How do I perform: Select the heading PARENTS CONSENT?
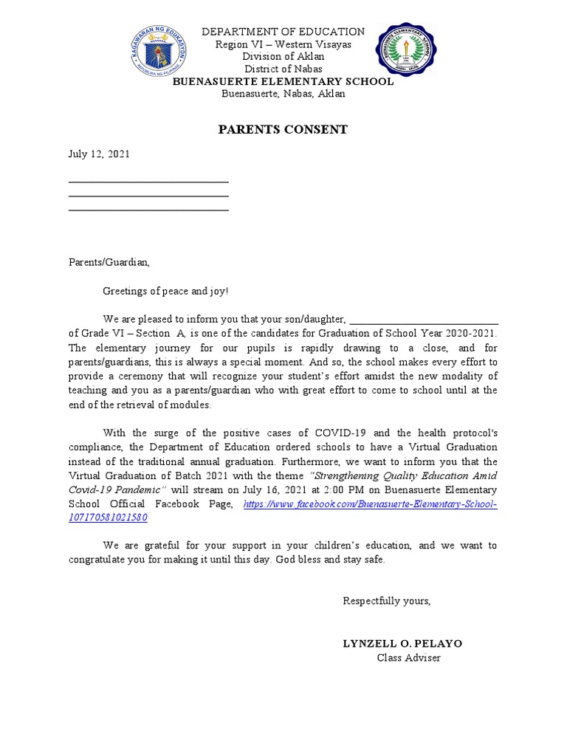pos(283,130)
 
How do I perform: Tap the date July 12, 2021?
pos(99,154)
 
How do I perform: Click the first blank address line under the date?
pos(148,182)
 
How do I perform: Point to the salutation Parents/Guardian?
pos(109,262)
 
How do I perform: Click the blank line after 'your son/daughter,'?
pos(424,323)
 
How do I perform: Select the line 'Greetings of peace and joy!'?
pos(166,291)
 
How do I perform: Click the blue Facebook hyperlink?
pos(370,504)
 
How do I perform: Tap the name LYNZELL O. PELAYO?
pos(402,644)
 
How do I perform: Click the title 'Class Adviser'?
pos(409,658)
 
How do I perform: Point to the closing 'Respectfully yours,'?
pos(386,601)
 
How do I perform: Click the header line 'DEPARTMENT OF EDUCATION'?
pos(283,32)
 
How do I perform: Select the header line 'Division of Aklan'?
pos(283,57)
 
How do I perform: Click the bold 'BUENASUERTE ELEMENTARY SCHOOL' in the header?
pos(283,82)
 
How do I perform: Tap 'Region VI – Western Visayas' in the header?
pos(283,44)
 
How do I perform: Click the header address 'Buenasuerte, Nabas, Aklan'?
pos(283,94)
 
